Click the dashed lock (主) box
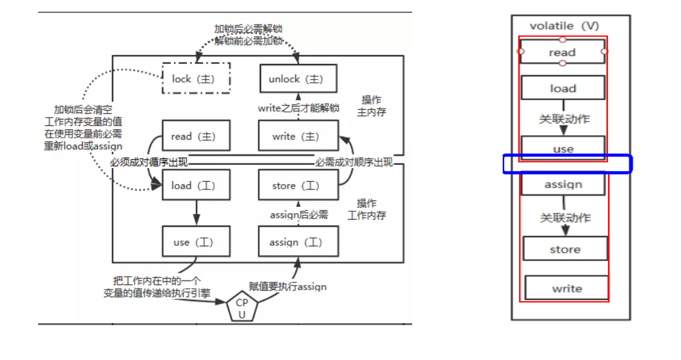pyautogui.click(x=196, y=79)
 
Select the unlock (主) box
pyautogui.click(x=298, y=79)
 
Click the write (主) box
pyautogui.click(x=298, y=136)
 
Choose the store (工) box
pyautogui.click(x=298, y=185)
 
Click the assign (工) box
pyautogui.click(x=298, y=242)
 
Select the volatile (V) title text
pyautogui.click(x=563, y=26)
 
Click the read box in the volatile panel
pyautogui.click(x=562, y=52)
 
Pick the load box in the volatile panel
pyautogui.click(x=563, y=88)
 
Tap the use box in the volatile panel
pyautogui.click(x=563, y=149)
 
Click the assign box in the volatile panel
pyautogui.click(x=563, y=184)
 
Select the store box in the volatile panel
pyautogui.click(x=565, y=249)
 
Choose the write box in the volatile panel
pyautogui.click(x=566, y=288)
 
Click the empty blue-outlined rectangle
pyautogui.click(x=567, y=164)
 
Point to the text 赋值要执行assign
pyautogui.click(x=288, y=286)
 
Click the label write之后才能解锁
pyautogui.click(x=298, y=108)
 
